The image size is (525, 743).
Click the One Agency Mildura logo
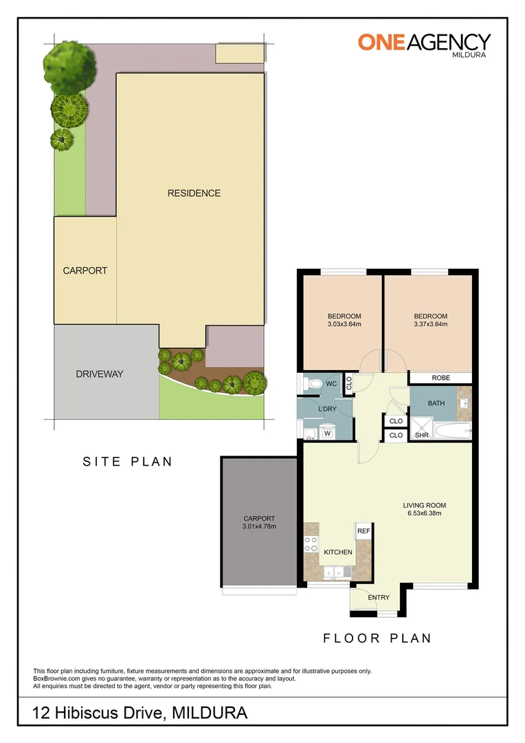click(x=424, y=44)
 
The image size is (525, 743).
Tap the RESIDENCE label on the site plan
click(x=194, y=193)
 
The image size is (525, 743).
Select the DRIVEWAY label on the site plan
click(x=100, y=374)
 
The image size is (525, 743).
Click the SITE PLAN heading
click(x=128, y=462)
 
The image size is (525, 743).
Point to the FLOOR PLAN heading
click(x=377, y=638)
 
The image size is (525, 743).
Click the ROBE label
click(x=440, y=378)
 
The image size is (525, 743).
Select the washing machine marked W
click(x=327, y=433)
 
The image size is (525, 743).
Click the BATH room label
click(x=436, y=403)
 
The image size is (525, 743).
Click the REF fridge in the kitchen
click(x=364, y=531)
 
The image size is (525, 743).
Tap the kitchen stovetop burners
click(x=310, y=546)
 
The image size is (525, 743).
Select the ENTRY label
click(x=379, y=598)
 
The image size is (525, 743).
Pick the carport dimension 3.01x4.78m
click(x=259, y=527)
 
